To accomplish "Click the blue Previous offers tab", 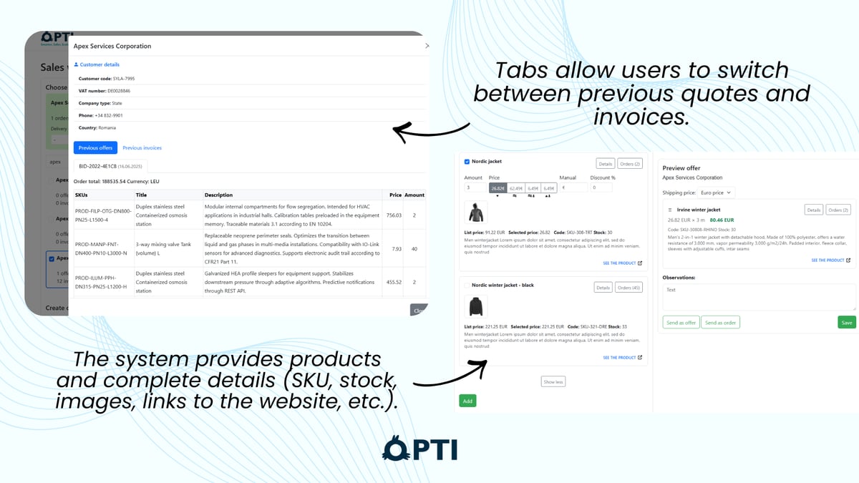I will pyautogui.click(x=95, y=148).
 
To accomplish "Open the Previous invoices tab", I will pyautogui.click(x=142, y=148).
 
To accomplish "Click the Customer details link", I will pyautogui.click(x=100, y=64).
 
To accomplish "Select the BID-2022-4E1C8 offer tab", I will pyautogui.click(x=110, y=166).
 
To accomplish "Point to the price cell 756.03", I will pyautogui.click(x=394, y=215).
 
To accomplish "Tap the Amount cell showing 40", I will pyautogui.click(x=414, y=248).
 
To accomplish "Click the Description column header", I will pyautogui.click(x=218, y=195).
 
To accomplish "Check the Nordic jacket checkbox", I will pyautogui.click(x=467, y=162).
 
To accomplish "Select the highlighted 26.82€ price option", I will pyautogui.click(x=498, y=188).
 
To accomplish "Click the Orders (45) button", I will pyautogui.click(x=629, y=288).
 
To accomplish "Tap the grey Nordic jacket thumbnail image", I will pyautogui.click(x=476, y=212).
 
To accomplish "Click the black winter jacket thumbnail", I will pyautogui.click(x=476, y=307).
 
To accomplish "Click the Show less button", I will pyautogui.click(x=553, y=381).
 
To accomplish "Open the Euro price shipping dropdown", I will pyautogui.click(x=715, y=192).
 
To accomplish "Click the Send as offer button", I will pyautogui.click(x=681, y=323).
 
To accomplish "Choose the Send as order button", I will pyautogui.click(x=720, y=323).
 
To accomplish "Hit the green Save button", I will pyautogui.click(x=846, y=323).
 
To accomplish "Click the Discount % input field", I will pyautogui.click(x=601, y=187).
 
